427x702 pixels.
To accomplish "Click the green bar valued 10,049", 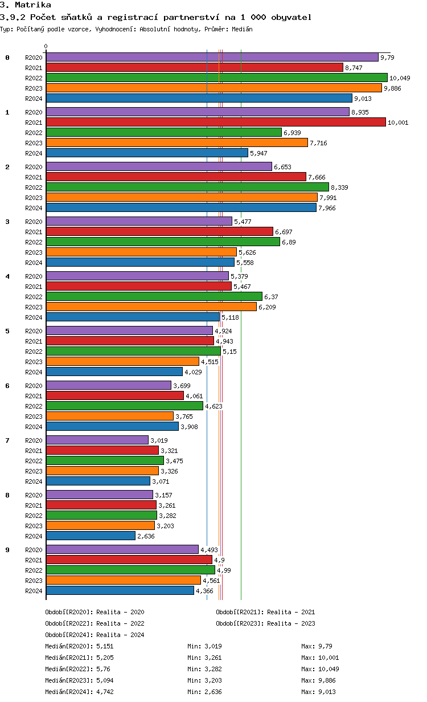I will [216, 77].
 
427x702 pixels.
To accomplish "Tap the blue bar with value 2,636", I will [91, 536].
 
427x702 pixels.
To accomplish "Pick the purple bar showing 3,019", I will [97, 440].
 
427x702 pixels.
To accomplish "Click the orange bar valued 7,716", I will [176, 142].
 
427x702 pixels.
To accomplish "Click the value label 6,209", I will [268, 307].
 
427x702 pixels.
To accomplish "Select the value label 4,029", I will [194, 372].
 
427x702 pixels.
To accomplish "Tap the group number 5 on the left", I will [7, 331].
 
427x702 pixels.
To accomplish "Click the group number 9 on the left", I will [7, 550].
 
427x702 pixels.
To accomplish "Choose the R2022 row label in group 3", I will [34, 242].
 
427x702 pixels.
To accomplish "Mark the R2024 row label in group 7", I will [34, 481].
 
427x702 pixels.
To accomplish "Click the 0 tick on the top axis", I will [46, 47].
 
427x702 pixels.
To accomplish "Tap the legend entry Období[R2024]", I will [69, 635].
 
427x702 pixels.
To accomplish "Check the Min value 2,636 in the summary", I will [213, 692].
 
